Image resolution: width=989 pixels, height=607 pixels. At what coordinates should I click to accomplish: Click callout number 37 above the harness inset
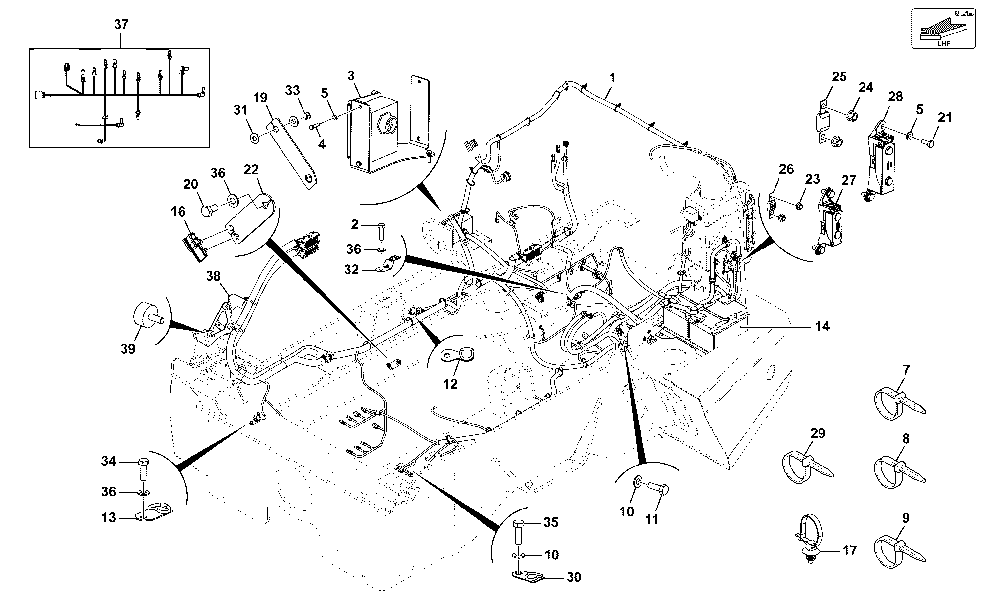(x=121, y=25)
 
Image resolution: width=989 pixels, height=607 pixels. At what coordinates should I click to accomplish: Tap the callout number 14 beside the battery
(x=822, y=326)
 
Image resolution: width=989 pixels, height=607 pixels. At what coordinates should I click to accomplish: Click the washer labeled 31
(x=255, y=139)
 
